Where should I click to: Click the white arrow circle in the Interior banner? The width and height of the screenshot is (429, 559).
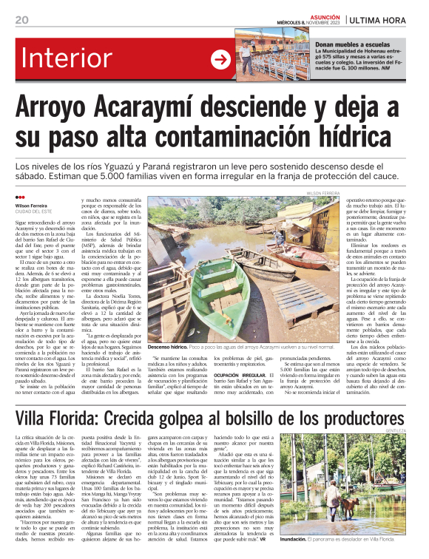(x=220, y=60)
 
